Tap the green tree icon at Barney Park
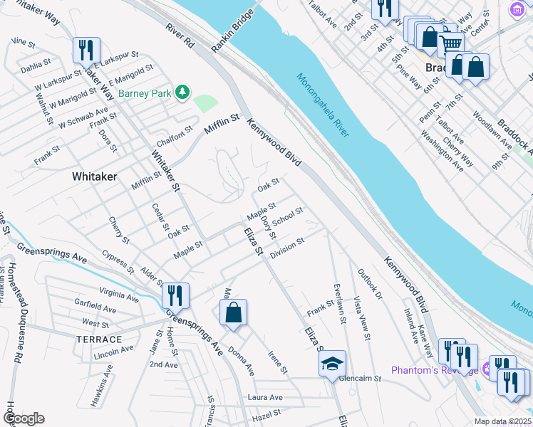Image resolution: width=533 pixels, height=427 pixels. coord(184,92)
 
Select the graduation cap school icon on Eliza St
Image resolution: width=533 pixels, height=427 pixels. coord(332,363)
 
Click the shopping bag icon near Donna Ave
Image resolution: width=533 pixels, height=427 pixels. coord(233,312)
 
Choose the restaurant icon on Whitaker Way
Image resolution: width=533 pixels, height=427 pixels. coord(86,50)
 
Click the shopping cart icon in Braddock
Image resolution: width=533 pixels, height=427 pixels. coord(450,43)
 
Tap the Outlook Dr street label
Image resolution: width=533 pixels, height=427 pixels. coord(370,283)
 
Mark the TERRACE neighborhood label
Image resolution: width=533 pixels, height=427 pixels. coord(100,339)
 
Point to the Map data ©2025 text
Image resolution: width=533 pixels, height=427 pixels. coord(503,421)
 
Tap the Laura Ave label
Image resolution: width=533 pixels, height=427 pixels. coord(264,397)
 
